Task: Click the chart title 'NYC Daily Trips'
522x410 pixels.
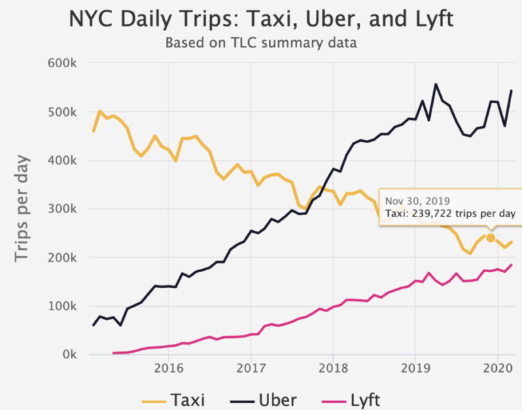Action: (260, 19)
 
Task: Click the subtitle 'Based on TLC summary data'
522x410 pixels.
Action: (261, 43)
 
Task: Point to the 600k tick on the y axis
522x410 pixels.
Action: (63, 63)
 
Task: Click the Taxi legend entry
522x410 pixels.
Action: (175, 398)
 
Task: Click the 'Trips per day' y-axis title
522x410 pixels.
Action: (24, 209)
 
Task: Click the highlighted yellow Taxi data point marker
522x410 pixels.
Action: (491, 238)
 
